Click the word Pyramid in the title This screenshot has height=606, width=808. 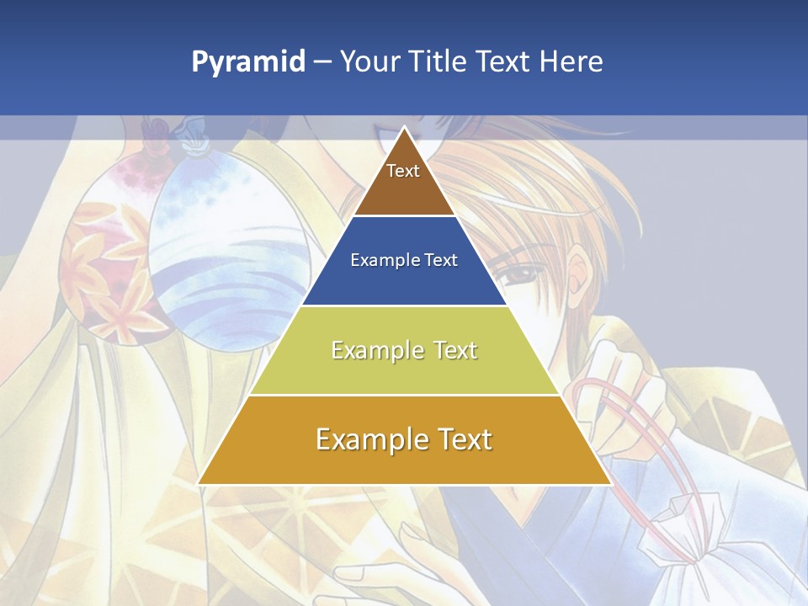247,61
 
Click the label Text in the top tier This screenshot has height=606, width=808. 403,171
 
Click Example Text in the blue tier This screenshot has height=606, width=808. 404,260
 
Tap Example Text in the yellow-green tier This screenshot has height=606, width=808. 404,350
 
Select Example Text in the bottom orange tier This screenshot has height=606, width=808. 404,439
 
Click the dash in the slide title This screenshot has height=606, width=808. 322,62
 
